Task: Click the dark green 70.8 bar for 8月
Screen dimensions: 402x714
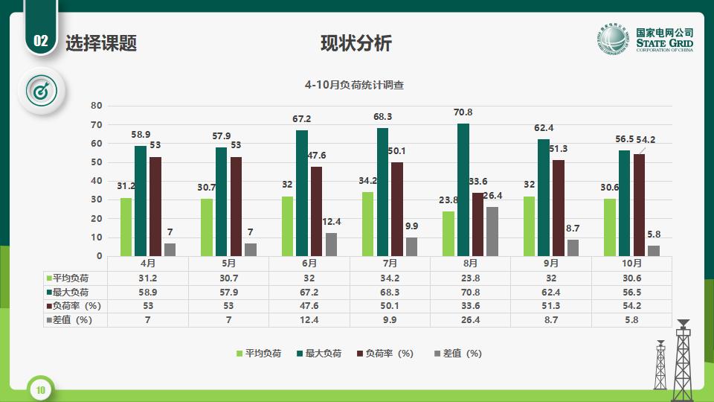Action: coord(463,190)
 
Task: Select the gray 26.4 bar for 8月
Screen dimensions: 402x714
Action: coord(492,232)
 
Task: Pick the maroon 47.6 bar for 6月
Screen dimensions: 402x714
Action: coord(316,211)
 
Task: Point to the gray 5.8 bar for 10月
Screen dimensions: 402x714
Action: coord(653,251)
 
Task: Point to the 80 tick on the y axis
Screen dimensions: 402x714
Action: coord(97,106)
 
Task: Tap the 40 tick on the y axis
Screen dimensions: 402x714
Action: coord(97,181)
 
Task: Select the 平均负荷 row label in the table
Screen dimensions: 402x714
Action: coord(70,277)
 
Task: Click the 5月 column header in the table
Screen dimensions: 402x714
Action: coord(229,263)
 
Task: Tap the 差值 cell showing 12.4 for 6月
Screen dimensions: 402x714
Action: coord(309,319)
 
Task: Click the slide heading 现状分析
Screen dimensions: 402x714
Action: coord(356,43)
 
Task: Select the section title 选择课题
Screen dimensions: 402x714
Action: coord(101,43)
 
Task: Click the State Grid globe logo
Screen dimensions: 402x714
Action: coord(613,42)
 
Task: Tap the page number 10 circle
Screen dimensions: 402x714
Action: coord(41,389)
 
